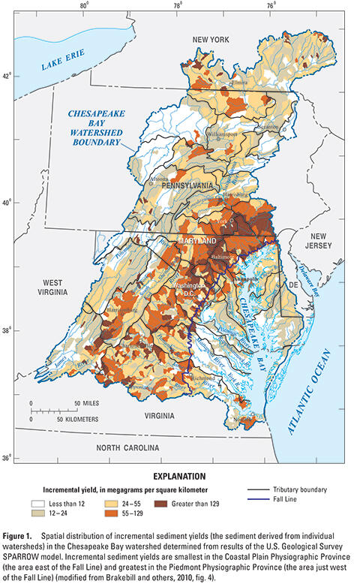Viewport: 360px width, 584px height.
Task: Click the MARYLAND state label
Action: coord(196,240)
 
